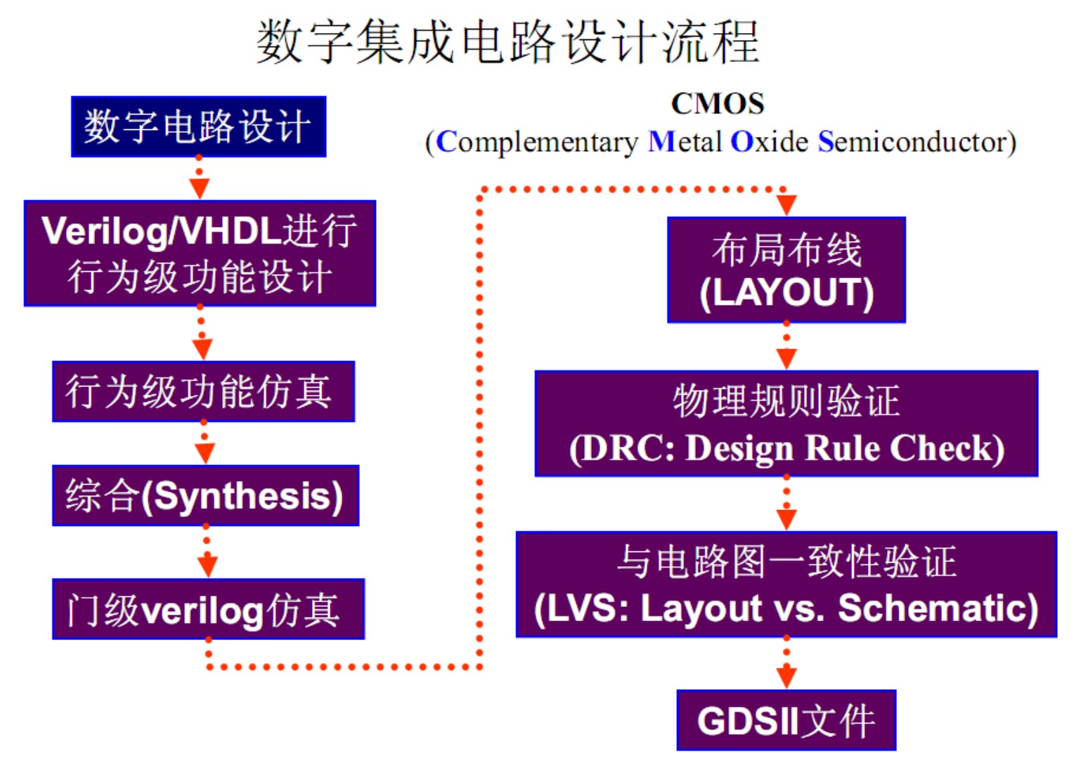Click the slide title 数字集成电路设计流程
point(507,42)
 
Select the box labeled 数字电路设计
point(198,126)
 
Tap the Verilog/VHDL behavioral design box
point(200,253)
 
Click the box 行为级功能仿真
point(203,391)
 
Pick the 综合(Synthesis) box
point(205,495)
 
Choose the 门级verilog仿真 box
point(208,609)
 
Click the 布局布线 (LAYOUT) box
point(786,270)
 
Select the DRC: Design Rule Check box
point(786,424)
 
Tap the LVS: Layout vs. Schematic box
point(786,585)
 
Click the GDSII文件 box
point(786,720)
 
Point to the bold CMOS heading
point(717,104)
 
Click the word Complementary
point(537,143)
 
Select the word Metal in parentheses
point(685,143)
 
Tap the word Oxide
point(769,143)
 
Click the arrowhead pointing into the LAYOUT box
point(786,205)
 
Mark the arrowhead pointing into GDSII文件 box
point(786,677)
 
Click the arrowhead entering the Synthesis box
point(205,453)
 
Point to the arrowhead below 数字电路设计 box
point(199,188)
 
